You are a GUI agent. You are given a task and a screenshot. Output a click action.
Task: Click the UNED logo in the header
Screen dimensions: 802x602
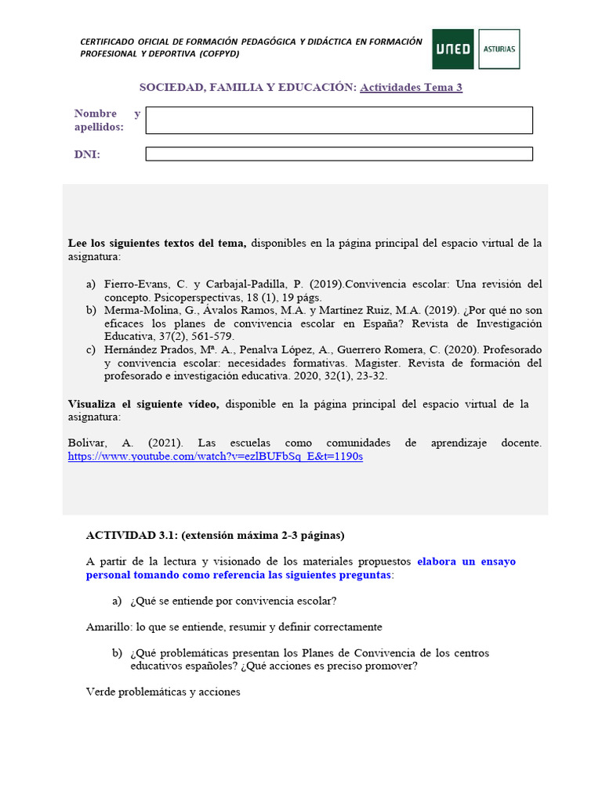(x=453, y=49)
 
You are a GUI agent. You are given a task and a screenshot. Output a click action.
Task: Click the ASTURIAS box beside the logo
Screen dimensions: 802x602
(x=499, y=49)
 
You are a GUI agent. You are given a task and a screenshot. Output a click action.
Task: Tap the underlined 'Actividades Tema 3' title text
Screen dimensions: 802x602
(x=411, y=87)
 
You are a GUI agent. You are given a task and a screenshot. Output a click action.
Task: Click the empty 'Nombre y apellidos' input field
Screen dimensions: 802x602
(x=339, y=121)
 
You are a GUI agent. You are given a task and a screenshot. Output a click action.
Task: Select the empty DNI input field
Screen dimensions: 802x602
(x=339, y=154)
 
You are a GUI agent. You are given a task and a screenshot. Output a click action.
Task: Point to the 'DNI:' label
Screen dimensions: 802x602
(x=87, y=154)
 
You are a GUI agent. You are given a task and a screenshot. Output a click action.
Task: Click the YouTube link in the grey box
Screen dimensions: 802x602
(x=216, y=456)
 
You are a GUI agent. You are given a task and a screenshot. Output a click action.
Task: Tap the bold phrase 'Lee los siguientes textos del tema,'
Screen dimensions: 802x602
(x=157, y=244)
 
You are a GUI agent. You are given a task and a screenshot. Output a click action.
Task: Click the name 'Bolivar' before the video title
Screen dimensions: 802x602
(x=87, y=443)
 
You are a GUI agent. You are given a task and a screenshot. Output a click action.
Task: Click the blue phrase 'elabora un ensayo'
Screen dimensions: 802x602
(x=466, y=562)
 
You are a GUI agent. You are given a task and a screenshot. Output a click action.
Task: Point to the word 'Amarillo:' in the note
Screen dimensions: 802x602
(x=108, y=627)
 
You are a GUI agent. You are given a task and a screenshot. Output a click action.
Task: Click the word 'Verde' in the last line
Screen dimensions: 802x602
(x=100, y=692)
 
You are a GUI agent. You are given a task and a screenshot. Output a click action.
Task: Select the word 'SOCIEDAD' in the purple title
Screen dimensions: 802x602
(x=170, y=87)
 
